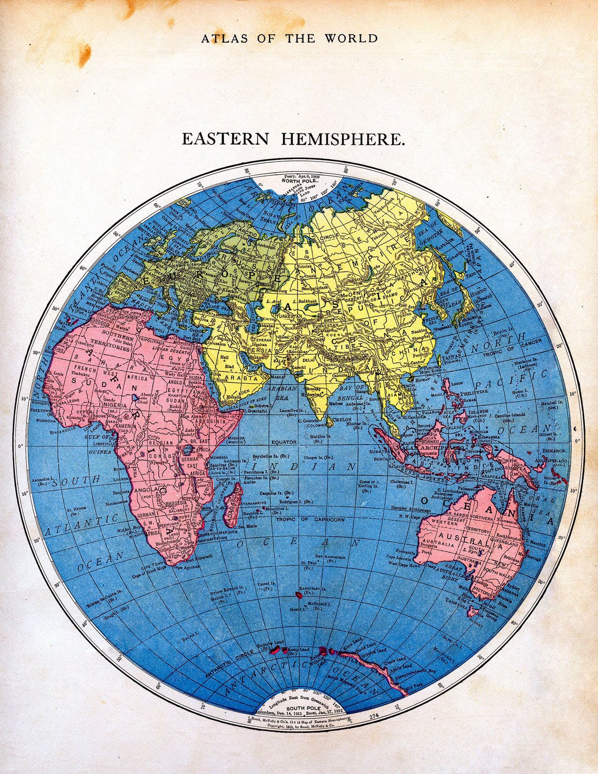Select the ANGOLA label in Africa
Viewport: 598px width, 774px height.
point(149,490)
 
